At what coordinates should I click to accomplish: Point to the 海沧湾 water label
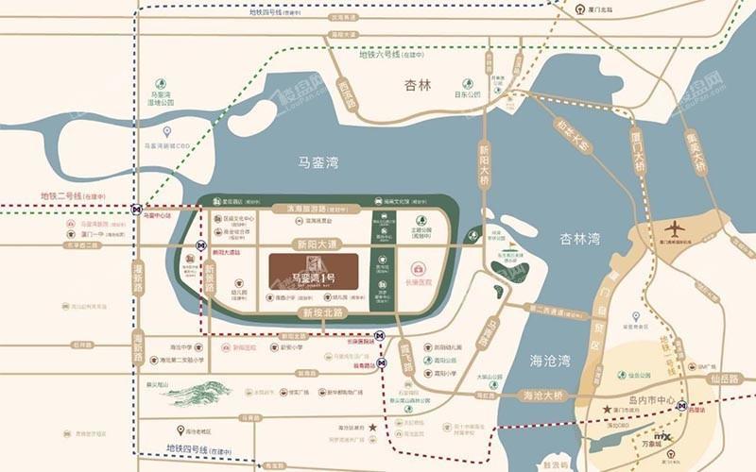tap(550, 361)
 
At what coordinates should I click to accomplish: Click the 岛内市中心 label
tap(648, 401)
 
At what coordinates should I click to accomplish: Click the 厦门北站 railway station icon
tap(577, 10)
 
